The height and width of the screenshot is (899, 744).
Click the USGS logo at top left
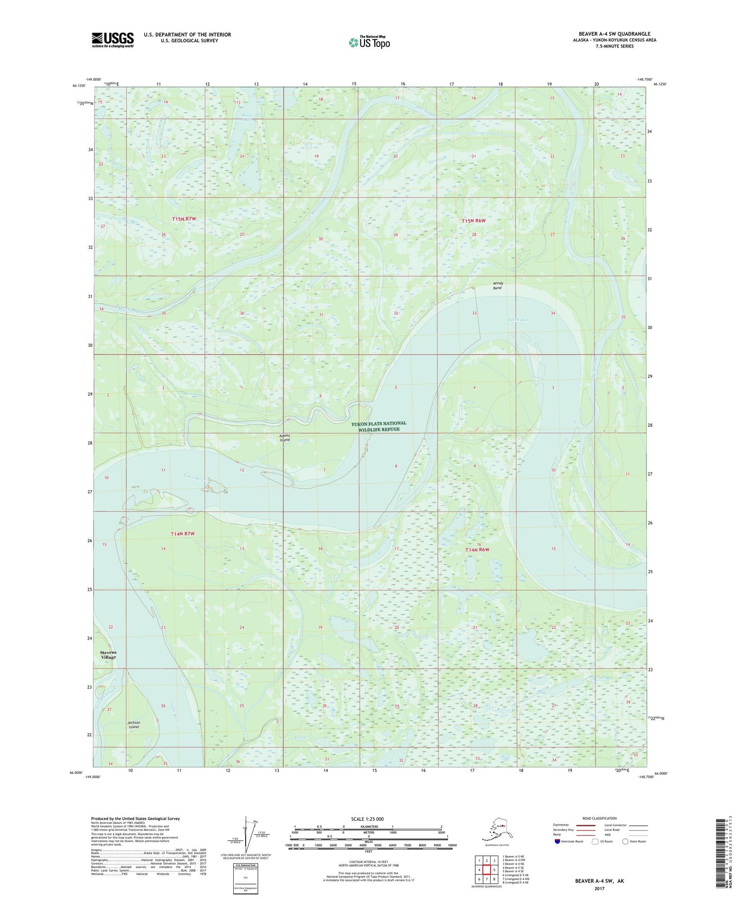[x=112, y=40]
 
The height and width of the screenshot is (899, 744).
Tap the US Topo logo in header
[x=369, y=42]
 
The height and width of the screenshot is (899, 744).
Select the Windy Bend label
[x=497, y=286]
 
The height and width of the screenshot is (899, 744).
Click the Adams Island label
[x=285, y=438]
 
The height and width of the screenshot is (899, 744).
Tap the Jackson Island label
[x=134, y=724]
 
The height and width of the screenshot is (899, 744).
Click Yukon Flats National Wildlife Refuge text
[x=378, y=426]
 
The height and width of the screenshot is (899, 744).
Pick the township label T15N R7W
[x=184, y=219]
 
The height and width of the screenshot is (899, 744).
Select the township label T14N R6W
[x=477, y=550]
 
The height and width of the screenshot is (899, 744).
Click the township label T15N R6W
[x=473, y=220]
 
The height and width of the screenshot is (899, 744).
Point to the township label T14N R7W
[x=182, y=534]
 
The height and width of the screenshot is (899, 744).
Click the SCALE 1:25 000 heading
[x=367, y=819]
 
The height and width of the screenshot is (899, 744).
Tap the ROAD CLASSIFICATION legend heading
[x=599, y=818]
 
